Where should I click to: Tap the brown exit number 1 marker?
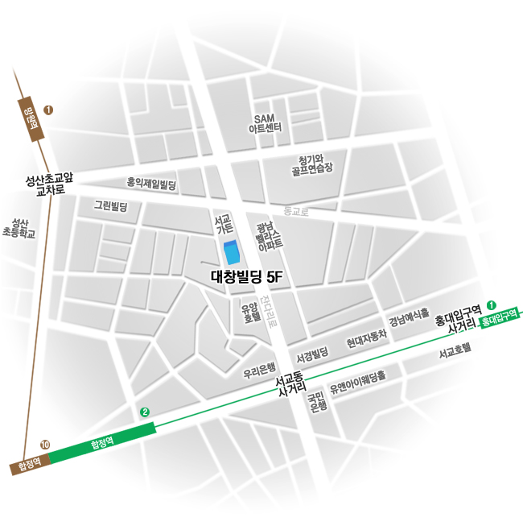tap(48, 110)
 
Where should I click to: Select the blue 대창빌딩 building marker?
tap(231, 253)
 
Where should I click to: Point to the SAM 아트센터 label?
tap(265, 123)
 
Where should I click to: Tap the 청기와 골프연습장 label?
tap(310, 164)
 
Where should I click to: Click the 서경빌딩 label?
tap(312, 355)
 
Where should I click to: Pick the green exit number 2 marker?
tap(145, 412)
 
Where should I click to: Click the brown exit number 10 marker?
tap(45, 444)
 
